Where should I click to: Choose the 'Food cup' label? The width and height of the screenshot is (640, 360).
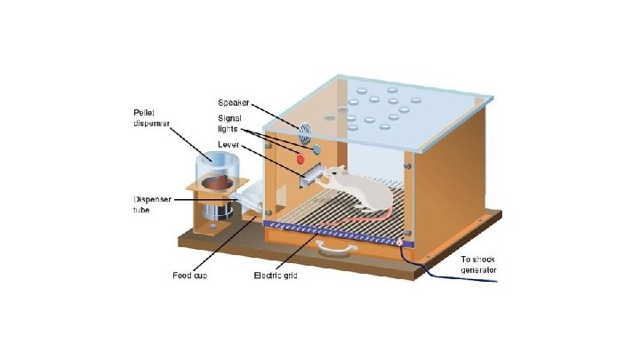[189, 276]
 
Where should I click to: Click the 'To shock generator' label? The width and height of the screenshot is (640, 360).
[481, 264]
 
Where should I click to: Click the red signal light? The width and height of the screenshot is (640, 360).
[300, 159]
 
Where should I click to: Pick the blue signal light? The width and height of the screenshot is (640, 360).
[314, 148]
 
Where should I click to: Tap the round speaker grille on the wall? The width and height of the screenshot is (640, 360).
[305, 132]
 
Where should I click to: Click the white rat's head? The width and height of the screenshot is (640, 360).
[331, 177]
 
